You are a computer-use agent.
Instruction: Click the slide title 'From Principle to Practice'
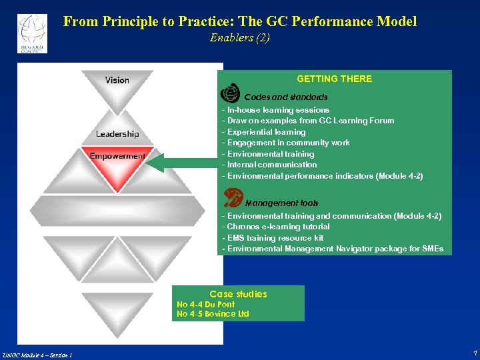pos(240,21)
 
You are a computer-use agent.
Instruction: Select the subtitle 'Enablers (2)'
pos(240,38)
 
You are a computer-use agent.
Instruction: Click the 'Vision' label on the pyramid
pos(117,80)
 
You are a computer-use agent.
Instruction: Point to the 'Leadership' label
pos(117,134)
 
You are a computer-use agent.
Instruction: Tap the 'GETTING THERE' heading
pos(334,79)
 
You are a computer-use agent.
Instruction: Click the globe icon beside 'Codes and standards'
pos(229,93)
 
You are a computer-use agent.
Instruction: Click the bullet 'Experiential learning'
pos(264,132)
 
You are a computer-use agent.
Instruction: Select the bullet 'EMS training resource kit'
pos(273,238)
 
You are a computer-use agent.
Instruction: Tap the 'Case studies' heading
pos(238,294)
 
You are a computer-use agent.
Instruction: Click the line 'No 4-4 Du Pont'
pos(205,305)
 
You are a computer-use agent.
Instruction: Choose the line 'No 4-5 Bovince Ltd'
pos(213,314)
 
